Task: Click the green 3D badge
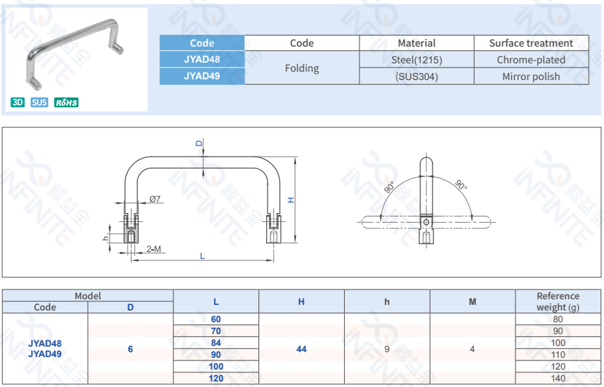click(x=17, y=102)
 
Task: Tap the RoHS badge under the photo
click(x=66, y=102)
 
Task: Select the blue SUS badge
click(x=40, y=102)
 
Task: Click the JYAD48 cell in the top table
click(x=202, y=60)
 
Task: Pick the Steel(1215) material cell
click(x=417, y=60)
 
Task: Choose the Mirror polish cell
click(x=531, y=77)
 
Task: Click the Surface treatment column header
click(x=531, y=43)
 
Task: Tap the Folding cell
click(x=302, y=68)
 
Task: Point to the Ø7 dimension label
click(x=155, y=199)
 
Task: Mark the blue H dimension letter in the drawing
click(x=291, y=200)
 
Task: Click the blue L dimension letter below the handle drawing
click(x=202, y=256)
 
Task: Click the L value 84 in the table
click(x=216, y=342)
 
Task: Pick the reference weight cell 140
click(x=558, y=378)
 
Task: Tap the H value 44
click(x=301, y=349)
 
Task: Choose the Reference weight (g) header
click(x=558, y=301)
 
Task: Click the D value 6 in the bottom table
click(x=130, y=349)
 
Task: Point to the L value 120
click(x=216, y=378)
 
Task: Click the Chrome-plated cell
click(x=531, y=60)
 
